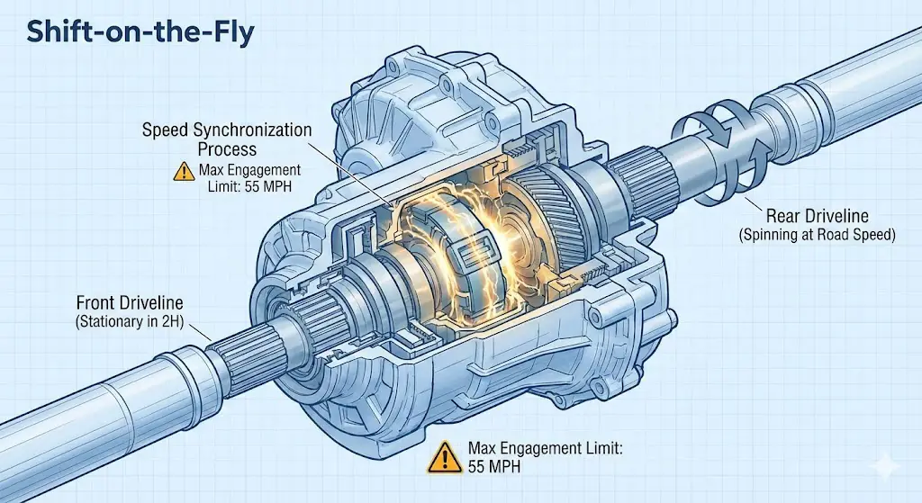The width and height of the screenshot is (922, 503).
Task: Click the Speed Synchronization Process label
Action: tap(227, 139)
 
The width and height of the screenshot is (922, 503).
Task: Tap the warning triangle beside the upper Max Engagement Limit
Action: tap(184, 170)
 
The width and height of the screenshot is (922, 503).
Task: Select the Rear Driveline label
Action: tap(816, 216)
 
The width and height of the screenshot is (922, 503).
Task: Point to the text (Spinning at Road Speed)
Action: tap(816, 235)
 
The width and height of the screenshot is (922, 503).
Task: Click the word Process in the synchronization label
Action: tap(228, 149)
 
